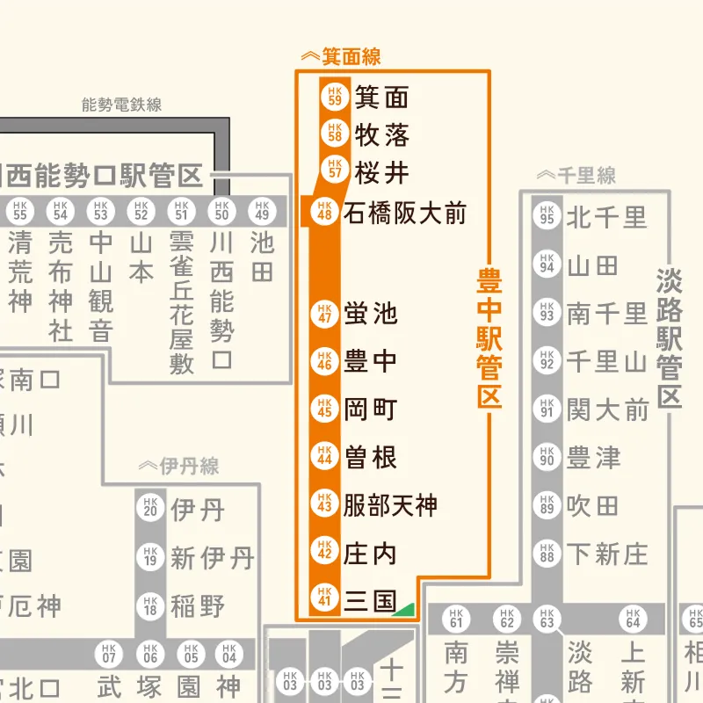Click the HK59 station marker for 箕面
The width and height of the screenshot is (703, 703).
coord(334,96)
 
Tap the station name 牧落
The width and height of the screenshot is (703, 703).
coord(382,135)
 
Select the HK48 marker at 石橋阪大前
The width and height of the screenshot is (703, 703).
coord(323,213)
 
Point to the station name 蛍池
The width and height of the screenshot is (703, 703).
coord(371,314)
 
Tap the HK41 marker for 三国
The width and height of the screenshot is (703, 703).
coord(323,601)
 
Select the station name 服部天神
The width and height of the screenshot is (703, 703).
coord(390,505)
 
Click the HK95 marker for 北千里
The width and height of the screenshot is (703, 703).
coord(547,216)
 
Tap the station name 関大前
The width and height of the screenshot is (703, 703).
coord(607,409)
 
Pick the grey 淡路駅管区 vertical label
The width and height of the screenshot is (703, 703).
coord(670,338)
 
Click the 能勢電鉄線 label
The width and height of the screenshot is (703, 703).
coord(121,105)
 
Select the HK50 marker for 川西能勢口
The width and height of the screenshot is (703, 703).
coord(221,212)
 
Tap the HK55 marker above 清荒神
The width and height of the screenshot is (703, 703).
coord(21,212)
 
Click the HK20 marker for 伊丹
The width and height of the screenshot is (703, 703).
coord(149,509)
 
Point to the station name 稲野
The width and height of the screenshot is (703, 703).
coord(198,606)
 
